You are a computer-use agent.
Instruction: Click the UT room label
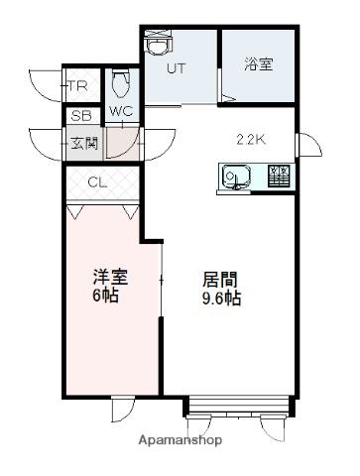[x=177, y=68]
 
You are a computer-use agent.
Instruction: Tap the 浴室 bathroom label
[x=259, y=64]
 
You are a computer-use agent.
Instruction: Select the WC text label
[x=121, y=111]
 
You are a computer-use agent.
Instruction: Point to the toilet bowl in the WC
[x=120, y=84]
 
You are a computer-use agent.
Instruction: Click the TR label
[x=78, y=86]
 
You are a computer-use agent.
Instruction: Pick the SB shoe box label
[x=81, y=116]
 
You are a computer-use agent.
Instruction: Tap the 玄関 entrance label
[x=84, y=144]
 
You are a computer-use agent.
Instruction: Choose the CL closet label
[x=97, y=182]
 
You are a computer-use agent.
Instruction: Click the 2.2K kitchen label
[x=251, y=140]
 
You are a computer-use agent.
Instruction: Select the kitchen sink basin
[x=236, y=176]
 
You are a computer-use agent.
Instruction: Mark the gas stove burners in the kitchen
[x=280, y=176]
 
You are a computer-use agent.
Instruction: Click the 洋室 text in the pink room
[x=110, y=277]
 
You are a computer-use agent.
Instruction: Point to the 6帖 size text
[x=105, y=295]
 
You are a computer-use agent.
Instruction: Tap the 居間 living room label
[x=219, y=280]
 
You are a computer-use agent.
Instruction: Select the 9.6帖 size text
[x=221, y=298]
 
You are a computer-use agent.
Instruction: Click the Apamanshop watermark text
[x=180, y=440]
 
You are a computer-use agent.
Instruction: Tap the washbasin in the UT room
[x=159, y=46]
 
